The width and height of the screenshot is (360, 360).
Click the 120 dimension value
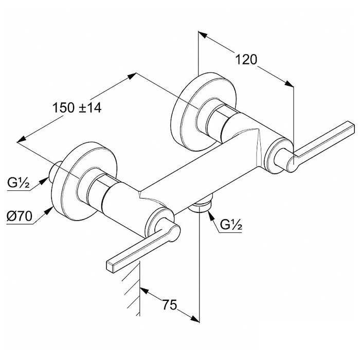[246, 60]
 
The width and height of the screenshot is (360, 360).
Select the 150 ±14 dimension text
[77, 107]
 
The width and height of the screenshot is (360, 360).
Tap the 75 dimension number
[170, 304]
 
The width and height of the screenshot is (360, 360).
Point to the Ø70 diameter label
[20, 216]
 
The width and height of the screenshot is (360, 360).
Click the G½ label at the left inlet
[19, 183]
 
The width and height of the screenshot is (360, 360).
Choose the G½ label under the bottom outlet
[231, 225]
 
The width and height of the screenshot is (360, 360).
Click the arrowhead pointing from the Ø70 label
[49, 210]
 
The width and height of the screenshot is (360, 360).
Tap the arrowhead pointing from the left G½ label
[44, 181]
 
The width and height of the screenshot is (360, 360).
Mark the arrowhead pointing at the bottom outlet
[211, 215]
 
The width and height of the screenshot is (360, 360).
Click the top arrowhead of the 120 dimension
[203, 34]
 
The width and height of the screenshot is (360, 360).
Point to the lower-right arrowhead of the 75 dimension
[195, 319]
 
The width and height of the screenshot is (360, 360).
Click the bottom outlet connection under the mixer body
[202, 204]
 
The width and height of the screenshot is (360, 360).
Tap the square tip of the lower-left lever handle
[111, 267]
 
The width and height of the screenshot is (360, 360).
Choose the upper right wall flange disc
[203, 112]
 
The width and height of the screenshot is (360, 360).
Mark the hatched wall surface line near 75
[139, 289]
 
